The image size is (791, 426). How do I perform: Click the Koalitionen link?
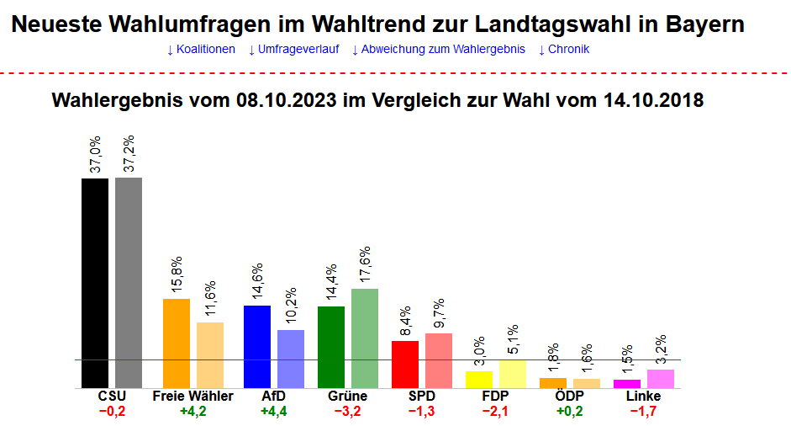coord(201,49)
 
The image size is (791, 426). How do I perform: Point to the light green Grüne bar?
coord(365,338)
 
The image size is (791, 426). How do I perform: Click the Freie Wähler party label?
coord(192,396)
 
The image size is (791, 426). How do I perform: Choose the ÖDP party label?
coord(569,396)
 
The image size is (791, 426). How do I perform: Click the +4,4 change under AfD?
coord(274,412)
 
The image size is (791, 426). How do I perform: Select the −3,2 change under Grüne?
coord(347,412)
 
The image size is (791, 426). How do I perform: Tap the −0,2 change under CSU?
coord(112,412)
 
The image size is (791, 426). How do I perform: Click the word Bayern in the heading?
coord(704,24)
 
